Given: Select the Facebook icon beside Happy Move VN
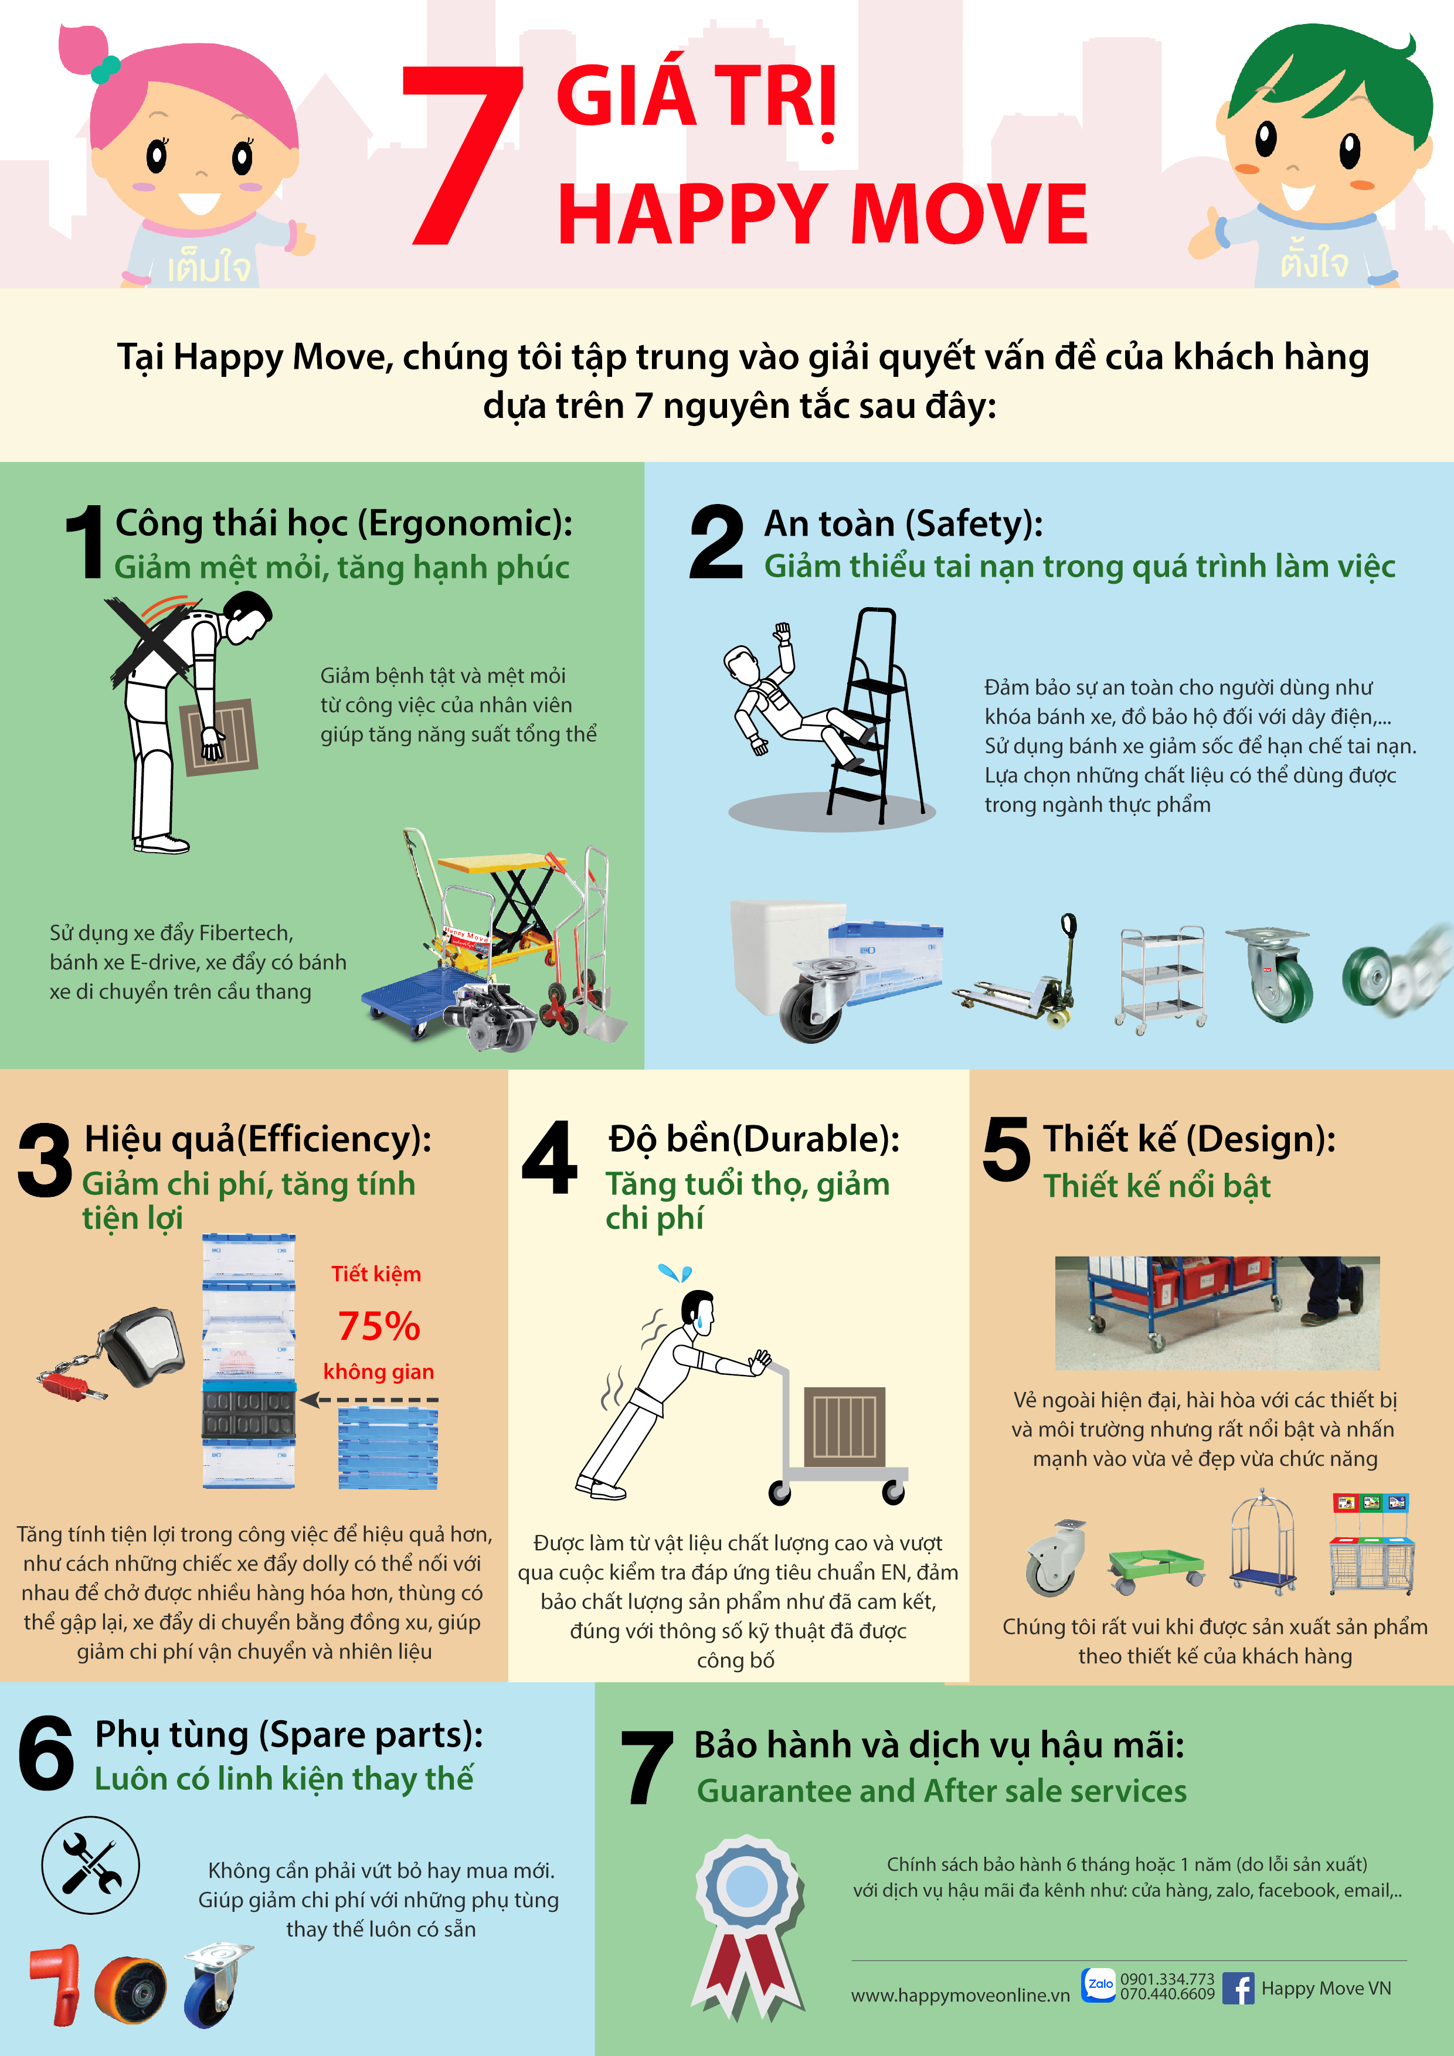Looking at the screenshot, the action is click(x=1238, y=1988).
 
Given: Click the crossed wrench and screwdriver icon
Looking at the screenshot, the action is click(x=90, y=1866).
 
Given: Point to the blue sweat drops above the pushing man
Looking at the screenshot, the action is click(x=675, y=1272).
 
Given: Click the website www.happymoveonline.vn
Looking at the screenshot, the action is click(x=960, y=1995).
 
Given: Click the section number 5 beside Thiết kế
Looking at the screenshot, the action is click(x=1006, y=1149).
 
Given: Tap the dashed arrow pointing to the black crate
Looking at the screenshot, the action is click(x=369, y=1400).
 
